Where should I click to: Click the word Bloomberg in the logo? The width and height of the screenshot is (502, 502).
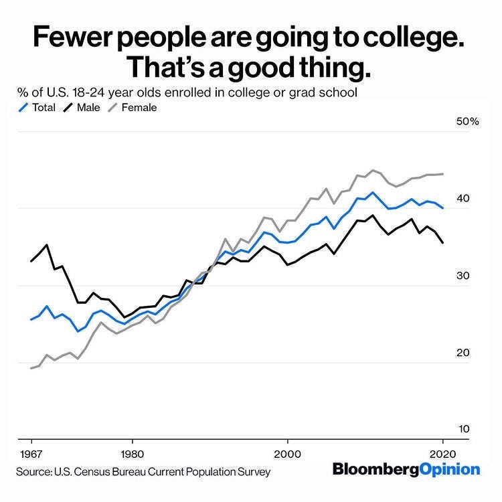(375, 469)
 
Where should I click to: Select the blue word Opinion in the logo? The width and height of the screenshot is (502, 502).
(449, 469)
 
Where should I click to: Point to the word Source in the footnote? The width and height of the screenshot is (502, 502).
(35, 472)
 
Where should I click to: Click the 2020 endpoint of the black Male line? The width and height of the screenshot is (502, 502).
(442, 243)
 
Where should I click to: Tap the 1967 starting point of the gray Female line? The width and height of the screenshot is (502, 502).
(31, 368)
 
